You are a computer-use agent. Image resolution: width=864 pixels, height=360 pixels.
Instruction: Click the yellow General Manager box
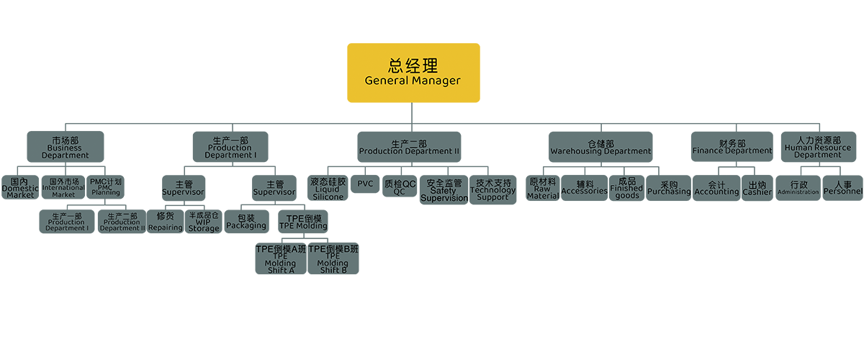coord(413,73)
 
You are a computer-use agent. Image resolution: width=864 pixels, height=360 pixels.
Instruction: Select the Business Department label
coord(65,148)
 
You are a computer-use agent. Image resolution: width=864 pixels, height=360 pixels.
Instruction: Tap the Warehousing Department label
coord(600,148)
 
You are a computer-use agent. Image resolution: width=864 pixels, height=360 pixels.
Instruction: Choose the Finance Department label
coord(732,148)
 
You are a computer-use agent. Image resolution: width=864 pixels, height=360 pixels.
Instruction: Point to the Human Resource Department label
coord(818,148)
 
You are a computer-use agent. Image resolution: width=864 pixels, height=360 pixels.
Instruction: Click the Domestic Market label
coord(19,189)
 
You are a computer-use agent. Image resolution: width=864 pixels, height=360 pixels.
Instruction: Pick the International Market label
coord(63,189)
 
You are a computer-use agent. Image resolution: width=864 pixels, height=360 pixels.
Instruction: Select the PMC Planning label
coord(106,187)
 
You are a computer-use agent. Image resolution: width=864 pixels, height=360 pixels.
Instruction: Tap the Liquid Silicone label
coord(328,189)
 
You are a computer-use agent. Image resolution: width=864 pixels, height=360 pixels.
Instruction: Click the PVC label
coord(365,184)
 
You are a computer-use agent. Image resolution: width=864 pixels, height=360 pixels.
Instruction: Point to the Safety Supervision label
coord(444,191)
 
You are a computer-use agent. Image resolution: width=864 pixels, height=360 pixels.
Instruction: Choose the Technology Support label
coord(493,190)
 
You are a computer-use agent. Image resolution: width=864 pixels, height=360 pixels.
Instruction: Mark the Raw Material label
coord(543,189)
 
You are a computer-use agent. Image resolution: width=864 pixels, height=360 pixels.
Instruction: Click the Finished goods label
coord(627,188)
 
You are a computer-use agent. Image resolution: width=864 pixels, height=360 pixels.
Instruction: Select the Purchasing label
coord(669,189)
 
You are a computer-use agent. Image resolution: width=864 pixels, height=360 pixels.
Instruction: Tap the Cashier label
coord(757,189)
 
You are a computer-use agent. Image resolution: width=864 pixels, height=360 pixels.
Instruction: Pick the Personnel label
coord(843,189)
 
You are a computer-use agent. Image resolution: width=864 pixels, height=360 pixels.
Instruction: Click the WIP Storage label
coord(204,222)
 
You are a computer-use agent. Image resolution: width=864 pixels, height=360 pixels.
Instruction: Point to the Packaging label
coord(246,222)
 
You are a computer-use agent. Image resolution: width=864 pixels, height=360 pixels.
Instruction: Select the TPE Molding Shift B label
coord(333,260)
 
